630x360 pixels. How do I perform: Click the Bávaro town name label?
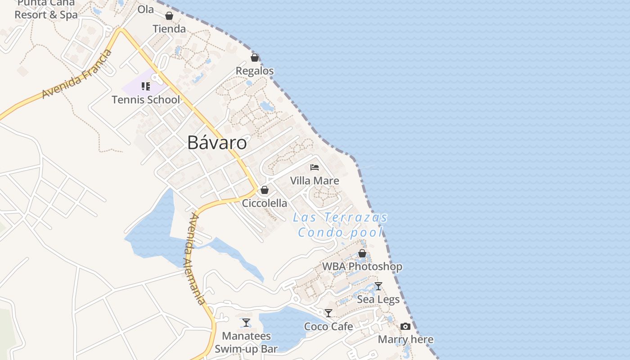[x=217, y=143]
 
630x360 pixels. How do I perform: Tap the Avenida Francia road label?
[x=77, y=74]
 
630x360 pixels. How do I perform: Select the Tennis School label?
[x=146, y=100]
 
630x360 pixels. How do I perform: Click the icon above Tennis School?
[x=145, y=86]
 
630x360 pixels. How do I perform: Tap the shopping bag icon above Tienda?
[x=169, y=16]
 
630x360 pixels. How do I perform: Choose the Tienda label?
[x=169, y=29]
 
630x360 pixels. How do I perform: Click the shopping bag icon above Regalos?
[x=255, y=58]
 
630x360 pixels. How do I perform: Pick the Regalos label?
[x=255, y=71]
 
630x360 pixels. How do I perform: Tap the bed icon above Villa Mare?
[x=315, y=167]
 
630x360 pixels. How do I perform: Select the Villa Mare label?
[x=315, y=181]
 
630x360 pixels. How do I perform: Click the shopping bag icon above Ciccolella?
[x=265, y=190]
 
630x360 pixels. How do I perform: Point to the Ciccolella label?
[x=265, y=203]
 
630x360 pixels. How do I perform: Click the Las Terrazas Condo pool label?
[x=340, y=225]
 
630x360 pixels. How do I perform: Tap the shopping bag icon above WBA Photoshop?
[x=362, y=253]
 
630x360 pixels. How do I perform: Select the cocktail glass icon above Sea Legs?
[x=378, y=286]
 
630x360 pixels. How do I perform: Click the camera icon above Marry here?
[x=405, y=326]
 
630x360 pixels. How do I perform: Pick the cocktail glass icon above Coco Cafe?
[x=328, y=313]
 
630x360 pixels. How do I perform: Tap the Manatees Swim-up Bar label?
[x=246, y=342]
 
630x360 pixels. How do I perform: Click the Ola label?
[x=145, y=9]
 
